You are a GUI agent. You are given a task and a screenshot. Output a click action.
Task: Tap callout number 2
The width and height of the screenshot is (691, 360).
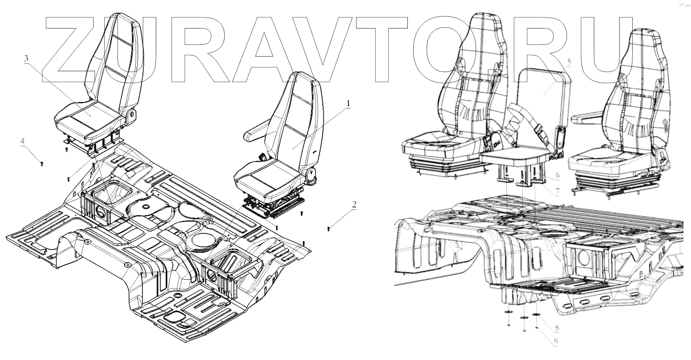click(354, 205)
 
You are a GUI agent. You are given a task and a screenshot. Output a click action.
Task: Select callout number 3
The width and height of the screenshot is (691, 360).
click(26, 59)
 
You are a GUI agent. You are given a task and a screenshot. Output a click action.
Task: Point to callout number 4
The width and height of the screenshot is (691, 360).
click(23, 141)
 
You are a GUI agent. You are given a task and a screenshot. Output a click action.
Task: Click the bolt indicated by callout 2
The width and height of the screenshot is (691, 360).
click(329, 228)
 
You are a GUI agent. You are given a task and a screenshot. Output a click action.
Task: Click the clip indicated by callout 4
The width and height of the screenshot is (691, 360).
click(42, 163)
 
